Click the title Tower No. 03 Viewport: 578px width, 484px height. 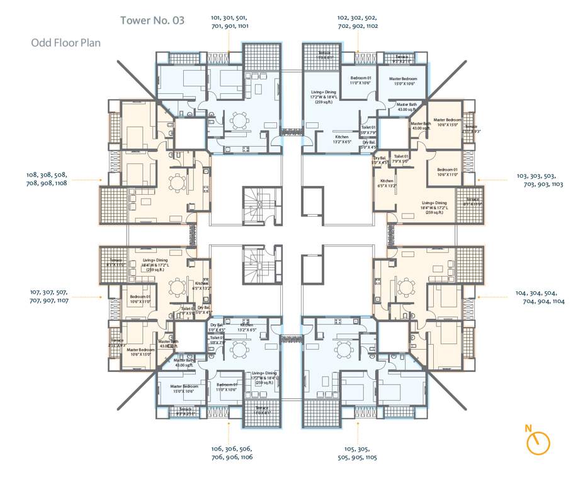click(x=152, y=21)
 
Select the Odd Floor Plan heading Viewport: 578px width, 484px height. click(x=66, y=43)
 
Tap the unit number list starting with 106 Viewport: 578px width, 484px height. click(x=232, y=453)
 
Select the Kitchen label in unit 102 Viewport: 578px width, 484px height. click(x=341, y=139)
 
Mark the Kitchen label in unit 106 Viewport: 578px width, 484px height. click(x=246, y=327)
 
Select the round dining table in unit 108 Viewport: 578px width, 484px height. click(x=178, y=183)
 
